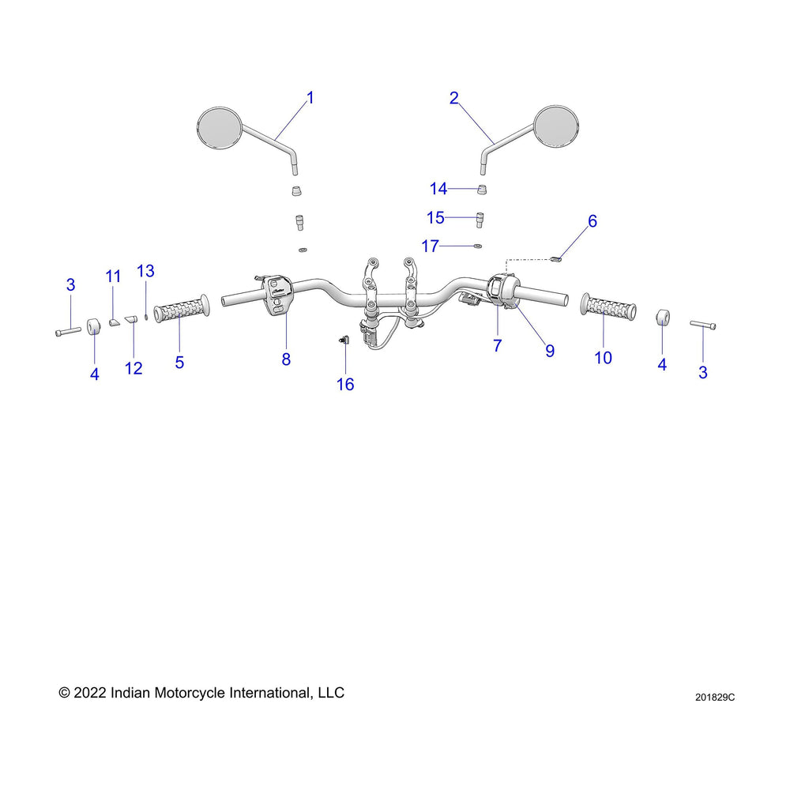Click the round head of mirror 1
coord(219,129)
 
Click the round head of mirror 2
coord(555,126)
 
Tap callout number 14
coord(438,189)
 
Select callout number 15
coord(435,218)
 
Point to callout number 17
coord(431,246)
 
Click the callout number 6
coord(592,221)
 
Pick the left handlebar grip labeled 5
coord(182,309)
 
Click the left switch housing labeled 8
coord(276,295)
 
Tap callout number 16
coord(345,385)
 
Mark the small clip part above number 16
coord(344,340)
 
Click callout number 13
coord(145,271)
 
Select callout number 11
coord(113,276)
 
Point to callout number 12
coord(134,368)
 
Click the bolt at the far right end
coord(703,325)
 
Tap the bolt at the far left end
coord(68,332)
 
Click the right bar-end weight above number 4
coord(663,318)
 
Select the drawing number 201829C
coord(715,698)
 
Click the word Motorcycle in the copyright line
coord(190,694)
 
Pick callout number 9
coord(550,352)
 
